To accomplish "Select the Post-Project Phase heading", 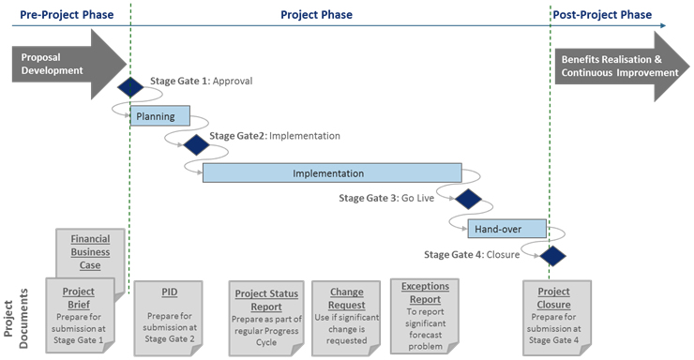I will tap(603, 16).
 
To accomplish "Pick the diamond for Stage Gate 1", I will tap(130, 87).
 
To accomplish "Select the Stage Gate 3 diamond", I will tap(466, 199).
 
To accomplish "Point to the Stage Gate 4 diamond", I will tap(551, 255).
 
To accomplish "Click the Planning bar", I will tap(159, 117).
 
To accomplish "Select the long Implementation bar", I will tap(332, 173).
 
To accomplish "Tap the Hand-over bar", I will tap(498, 228).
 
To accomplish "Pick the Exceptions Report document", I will tap(425, 309).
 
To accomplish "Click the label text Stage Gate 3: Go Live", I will tap(393, 199).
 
